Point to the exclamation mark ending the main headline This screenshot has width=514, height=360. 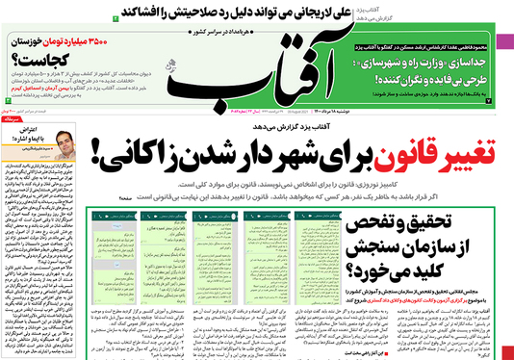click(122, 149)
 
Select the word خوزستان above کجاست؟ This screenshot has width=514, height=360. click(26, 42)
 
